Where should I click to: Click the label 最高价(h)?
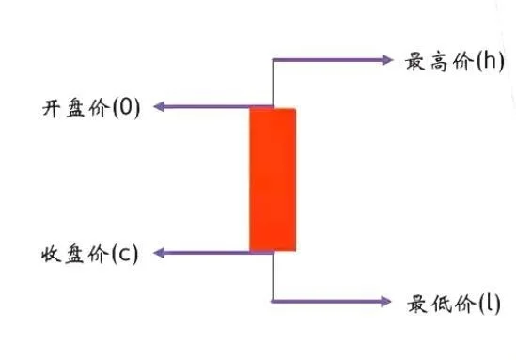(454, 63)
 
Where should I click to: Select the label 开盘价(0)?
(90, 107)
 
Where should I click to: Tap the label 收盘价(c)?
(89, 254)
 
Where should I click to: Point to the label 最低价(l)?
(454, 304)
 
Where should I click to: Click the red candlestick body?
(273, 180)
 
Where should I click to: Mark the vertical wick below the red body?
(273, 277)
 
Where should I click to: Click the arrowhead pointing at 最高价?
(386, 59)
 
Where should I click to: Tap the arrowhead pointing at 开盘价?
(159, 107)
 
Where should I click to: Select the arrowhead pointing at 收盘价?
(159, 253)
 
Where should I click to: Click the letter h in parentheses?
(490, 63)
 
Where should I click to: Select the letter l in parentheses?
(489, 304)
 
